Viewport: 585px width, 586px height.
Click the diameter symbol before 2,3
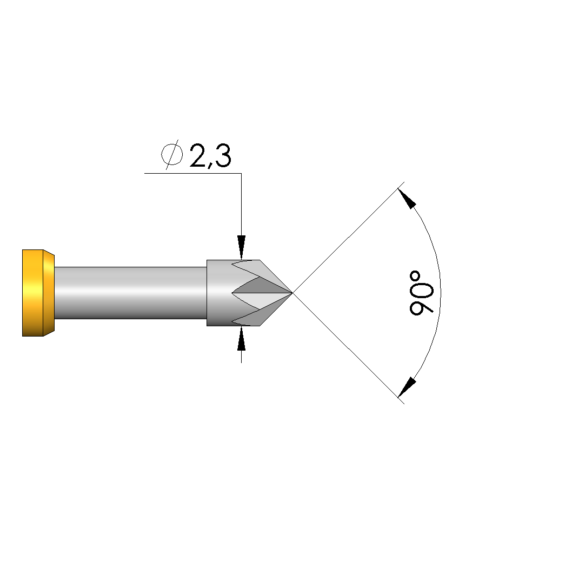172,154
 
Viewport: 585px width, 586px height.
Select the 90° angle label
422,293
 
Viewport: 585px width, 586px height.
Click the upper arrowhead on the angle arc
407,199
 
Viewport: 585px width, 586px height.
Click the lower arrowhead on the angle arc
407,387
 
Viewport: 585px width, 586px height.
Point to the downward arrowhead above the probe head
242,247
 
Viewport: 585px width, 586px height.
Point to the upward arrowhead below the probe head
242,338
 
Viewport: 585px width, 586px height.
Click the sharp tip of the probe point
292,293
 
